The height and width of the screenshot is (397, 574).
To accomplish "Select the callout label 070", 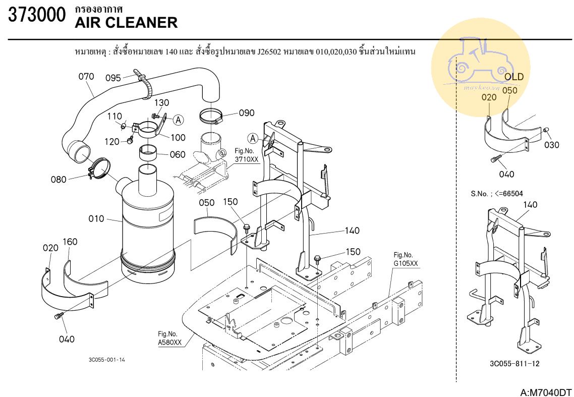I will coord(86,77).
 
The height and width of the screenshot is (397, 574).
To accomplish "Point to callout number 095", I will coord(113,78).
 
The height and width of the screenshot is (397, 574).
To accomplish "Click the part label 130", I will coord(161,103).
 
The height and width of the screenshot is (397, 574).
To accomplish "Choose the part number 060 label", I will coord(177,154).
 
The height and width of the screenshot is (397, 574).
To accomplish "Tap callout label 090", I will coord(246,113).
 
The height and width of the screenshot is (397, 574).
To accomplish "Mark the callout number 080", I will coord(59,179).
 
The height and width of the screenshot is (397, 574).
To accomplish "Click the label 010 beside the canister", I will coord(96,219).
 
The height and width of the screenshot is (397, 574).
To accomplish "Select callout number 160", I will coord(70,242).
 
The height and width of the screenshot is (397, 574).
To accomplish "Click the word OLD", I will coord(514,77).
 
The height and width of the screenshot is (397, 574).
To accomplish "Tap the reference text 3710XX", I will coord(246,159).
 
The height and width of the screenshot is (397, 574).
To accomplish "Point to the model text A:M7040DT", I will coord(546,392).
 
